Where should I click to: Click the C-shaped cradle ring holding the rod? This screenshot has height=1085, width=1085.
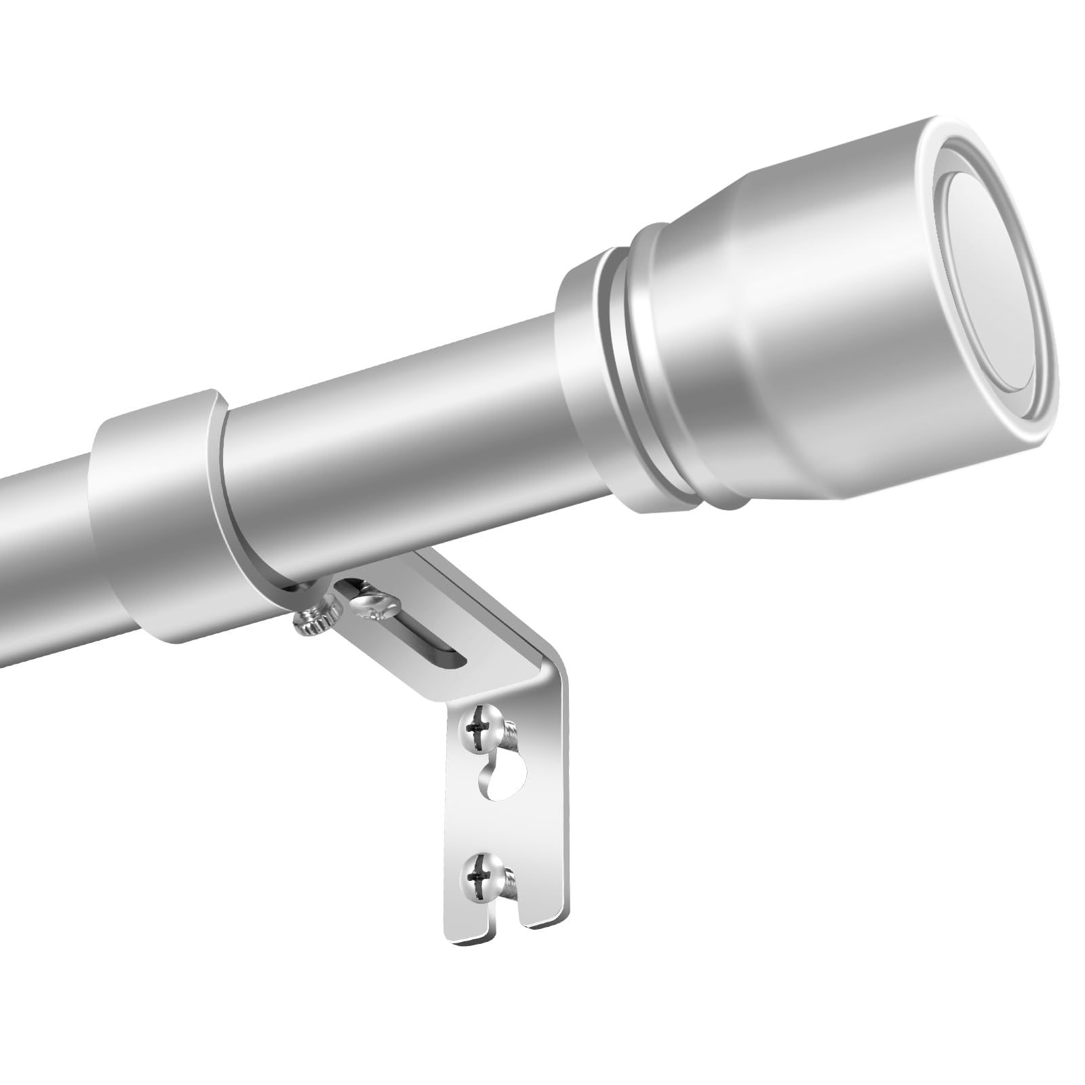point(163,502)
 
